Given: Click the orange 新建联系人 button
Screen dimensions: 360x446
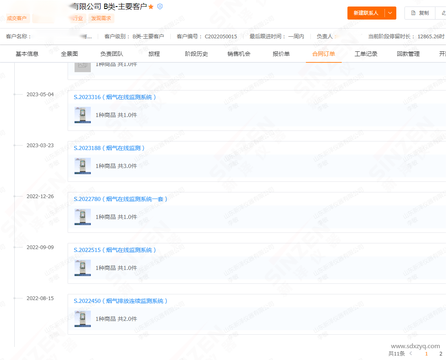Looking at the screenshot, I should (x=366, y=13).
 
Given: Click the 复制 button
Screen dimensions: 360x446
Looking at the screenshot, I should (x=420, y=13).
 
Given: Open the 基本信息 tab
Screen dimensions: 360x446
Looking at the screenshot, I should (x=27, y=54).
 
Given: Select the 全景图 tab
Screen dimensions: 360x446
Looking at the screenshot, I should (x=69, y=54).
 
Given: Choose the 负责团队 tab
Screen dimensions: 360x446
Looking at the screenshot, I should (x=112, y=54).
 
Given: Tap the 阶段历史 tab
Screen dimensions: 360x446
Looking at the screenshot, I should (x=196, y=54).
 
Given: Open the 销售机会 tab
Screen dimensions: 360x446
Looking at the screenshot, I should (x=239, y=54).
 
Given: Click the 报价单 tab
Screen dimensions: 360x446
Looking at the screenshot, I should (x=281, y=54).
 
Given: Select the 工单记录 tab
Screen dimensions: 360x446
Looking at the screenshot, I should (x=366, y=54).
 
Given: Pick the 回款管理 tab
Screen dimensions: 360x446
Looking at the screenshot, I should (x=408, y=54).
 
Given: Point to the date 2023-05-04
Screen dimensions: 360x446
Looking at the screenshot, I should (x=40, y=94).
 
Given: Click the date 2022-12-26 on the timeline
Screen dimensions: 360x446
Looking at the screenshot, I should (x=40, y=196).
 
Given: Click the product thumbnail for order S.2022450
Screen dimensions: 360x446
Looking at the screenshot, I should (x=83, y=319).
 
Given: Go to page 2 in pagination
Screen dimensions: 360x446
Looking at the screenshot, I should (x=441, y=354).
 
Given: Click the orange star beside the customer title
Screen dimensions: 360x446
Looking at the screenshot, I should (x=151, y=7).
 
